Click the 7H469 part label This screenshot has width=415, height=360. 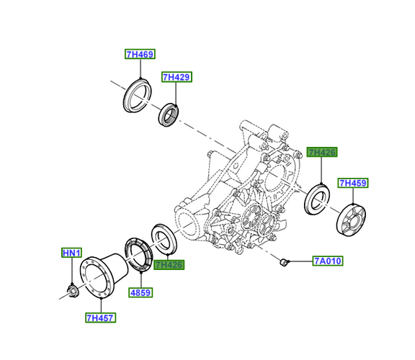click(140, 54)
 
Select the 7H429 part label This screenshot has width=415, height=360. click(177, 77)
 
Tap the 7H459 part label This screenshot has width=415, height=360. click(353, 183)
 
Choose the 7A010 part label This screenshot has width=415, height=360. click(328, 261)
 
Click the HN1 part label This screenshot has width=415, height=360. click(72, 253)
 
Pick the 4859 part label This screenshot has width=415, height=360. click(140, 292)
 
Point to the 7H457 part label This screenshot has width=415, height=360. click(101, 318)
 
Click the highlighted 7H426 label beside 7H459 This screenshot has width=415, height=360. click(322, 152)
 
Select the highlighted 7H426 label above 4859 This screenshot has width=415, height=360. click(169, 264)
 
